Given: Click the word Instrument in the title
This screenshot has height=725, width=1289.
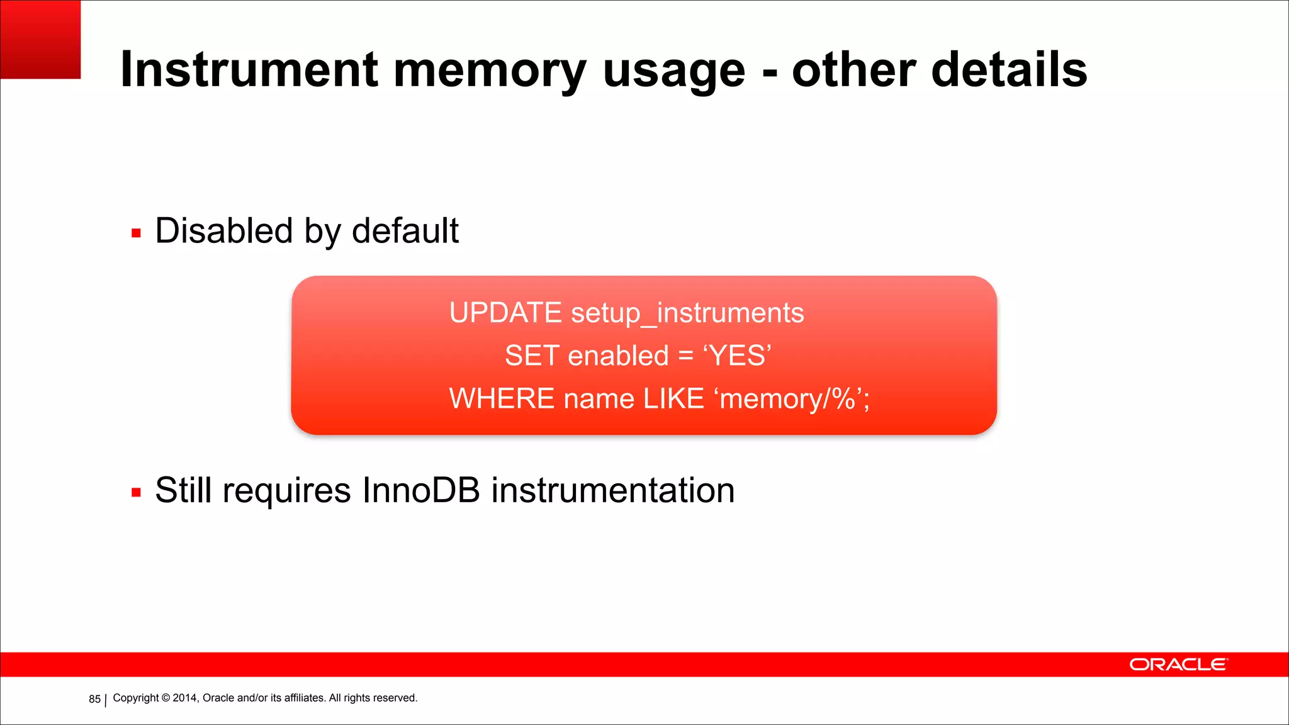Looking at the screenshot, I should point(249,69).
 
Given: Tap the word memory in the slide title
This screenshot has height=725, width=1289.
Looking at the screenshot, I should point(490,70).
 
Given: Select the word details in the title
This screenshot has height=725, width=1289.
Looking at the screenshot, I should point(1009,69).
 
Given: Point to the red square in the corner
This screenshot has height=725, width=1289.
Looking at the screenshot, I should point(40,39).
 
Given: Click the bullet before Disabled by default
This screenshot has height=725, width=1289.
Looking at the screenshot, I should point(136,233).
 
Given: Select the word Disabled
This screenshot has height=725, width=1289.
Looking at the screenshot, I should point(224,230).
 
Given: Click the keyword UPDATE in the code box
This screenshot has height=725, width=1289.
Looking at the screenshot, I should point(505,313).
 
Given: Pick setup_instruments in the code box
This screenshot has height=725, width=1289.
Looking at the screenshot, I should point(687,313).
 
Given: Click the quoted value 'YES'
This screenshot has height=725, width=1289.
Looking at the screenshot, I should point(737,356).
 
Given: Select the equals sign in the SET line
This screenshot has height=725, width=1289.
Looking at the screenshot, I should point(685,356).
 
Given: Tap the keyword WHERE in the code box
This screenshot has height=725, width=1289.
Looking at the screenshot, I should point(502,398).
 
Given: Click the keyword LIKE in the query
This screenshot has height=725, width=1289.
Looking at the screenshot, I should point(673,398).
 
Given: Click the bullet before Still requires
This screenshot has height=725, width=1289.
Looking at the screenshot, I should point(136,493).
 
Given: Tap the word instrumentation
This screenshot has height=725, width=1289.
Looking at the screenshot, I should point(612,490).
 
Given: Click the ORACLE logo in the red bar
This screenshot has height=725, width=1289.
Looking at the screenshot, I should point(1178,665).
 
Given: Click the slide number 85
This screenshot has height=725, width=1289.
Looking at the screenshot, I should point(94,699).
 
